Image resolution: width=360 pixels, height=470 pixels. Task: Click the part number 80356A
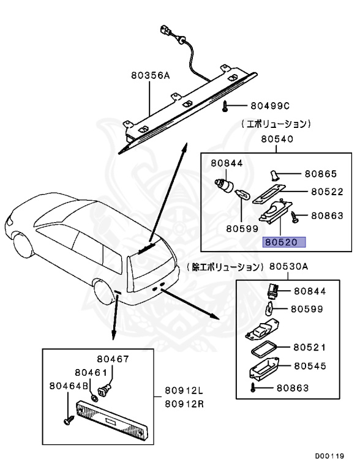point(149,77)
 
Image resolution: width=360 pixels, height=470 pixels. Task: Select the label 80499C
point(269,106)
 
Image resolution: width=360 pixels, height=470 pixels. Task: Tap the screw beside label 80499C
point(227,106)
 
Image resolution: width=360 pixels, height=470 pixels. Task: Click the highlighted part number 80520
point(284,242)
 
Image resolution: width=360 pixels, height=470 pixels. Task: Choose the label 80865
point(321,173)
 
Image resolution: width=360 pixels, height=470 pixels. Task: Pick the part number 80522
point(328,192)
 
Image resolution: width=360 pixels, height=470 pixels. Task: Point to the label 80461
point(91,372)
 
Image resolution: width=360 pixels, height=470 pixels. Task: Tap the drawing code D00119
point(329,456)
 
